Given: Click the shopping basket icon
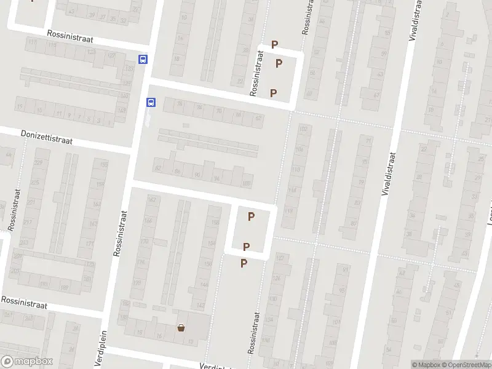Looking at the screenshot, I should pyautogui.click(x=181, y=328).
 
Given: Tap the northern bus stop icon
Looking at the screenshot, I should pyautogui.click(x=143, y=60).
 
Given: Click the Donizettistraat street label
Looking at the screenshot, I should pyautogui.click(x=46, y=137).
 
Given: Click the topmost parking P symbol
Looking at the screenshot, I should pyautogui.click(x=275, y=44).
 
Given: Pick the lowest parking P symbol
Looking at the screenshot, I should pyautogui.click(x=244, y=263).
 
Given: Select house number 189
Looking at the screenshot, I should pyautogui.click(x=64, y=286).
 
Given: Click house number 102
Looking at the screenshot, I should pyautogui.click(x=303, y=129).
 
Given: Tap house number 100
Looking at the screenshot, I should pyautogui.click(x=247, y=183).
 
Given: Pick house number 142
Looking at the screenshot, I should pyautogui.click(x=200, y=305).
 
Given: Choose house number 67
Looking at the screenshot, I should pyautogui.click(x=376, y=95).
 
